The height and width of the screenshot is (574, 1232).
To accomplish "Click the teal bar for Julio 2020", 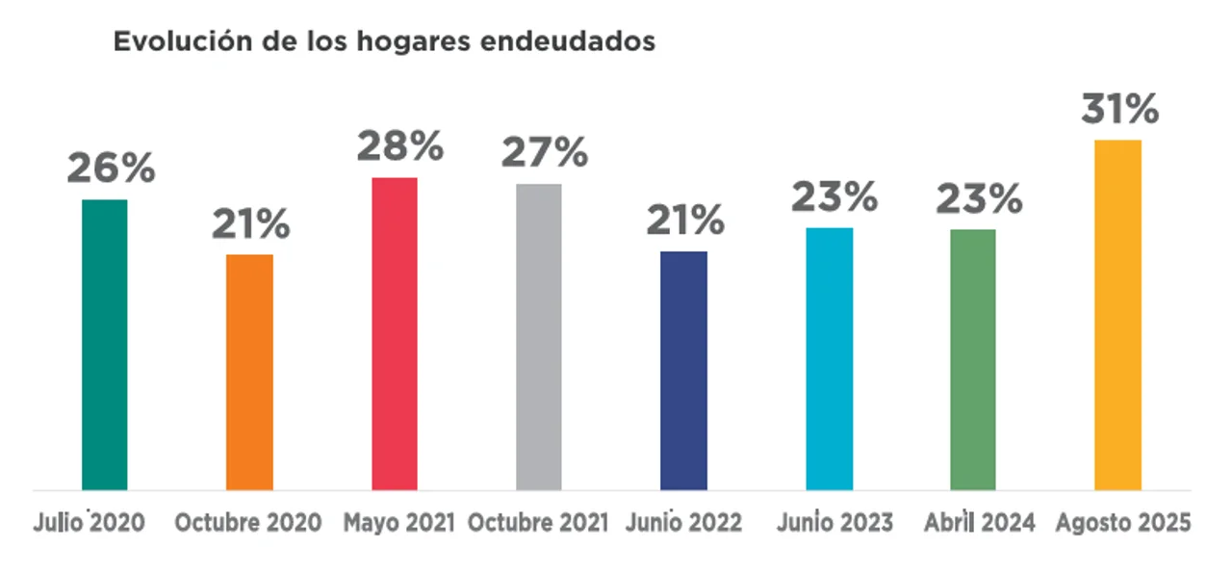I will click(x=104, y=344).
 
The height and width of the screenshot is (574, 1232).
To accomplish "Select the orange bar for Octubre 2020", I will click(x=249, y=372).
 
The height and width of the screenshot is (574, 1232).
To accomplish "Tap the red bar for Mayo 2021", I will click(x=395, y=333).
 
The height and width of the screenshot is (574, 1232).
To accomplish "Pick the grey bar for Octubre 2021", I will click(x=538, y=336).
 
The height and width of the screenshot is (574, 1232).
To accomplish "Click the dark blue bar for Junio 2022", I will click(x=683, y=370).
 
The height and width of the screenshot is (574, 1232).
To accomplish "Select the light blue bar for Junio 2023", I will click(x=830, y=358).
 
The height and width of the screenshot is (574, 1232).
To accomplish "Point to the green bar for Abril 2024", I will click(x=973, y=359).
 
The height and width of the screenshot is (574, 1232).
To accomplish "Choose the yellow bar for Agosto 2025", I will click(x=1117, y=315).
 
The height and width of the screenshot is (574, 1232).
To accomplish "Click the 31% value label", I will click(x=1119, y=110).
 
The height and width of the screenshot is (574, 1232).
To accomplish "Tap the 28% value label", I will click(x=400, y=147).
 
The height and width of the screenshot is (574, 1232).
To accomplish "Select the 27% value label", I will click(x=545, y=152).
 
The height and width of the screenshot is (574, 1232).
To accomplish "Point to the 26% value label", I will click(x=111, y=169).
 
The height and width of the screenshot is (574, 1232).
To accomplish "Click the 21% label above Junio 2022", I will click(x=685, y=222).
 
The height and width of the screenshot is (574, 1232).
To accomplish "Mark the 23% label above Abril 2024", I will click(x=979, y=199).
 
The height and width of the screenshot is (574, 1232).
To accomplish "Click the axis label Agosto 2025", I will click(x=1123, y=523).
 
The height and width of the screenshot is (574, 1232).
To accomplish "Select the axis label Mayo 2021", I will click(x=398, y=523).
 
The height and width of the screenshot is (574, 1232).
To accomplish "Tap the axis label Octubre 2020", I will click(x=247, y=523).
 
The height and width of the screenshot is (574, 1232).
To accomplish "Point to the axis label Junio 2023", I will click(x=834, y=523).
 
